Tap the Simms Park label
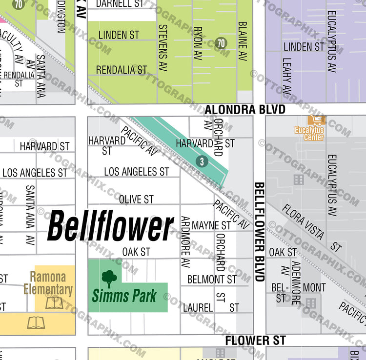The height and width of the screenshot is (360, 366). (x=124, y=295)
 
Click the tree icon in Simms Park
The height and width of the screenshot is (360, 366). (x=109, y=279)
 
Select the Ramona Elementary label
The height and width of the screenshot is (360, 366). (x=48, y=283)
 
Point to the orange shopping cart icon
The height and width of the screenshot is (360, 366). (x=316, y=120)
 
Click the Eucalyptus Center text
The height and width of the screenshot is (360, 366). (x=309, y=134)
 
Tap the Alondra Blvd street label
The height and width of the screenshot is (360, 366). (x=244, y=110)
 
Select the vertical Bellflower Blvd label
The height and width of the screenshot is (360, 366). (x=259, y=232)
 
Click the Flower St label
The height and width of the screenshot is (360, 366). (x=255, y=340)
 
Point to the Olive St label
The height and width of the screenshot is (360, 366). (x=136, y=199)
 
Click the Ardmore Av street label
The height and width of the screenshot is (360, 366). (x=185, y=242)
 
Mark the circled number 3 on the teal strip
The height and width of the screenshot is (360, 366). (x=202, y=161)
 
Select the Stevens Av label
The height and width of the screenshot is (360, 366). (x=163, y=48)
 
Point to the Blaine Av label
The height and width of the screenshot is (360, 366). (x=243, y=41)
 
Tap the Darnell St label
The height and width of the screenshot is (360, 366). (x=120, y=4)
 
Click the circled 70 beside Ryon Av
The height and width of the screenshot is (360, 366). (x=221, y=43)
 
